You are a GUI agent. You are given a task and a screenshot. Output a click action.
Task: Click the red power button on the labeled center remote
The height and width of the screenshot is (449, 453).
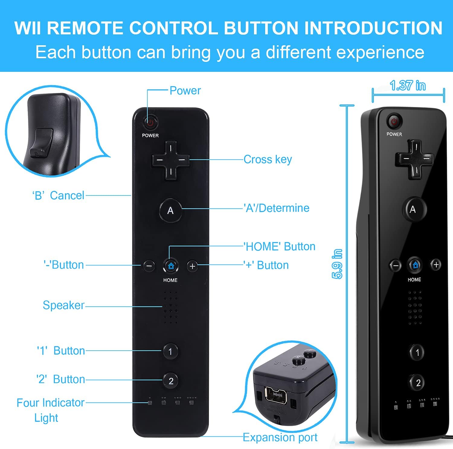tap(150, 123)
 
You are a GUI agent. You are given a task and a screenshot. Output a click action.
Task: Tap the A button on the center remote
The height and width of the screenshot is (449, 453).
tap(171, 210)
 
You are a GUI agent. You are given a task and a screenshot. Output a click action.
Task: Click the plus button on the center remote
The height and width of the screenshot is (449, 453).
tap(192, 266)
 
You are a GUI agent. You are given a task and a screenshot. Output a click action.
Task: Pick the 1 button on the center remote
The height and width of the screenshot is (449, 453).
tap(170, 351)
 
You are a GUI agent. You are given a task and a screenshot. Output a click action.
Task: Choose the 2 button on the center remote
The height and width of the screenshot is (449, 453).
tap(171, 381)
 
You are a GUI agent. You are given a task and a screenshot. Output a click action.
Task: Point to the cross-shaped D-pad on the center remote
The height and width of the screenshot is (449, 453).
tap(171, 160)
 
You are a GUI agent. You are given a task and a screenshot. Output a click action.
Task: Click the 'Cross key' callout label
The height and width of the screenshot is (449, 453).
tap(268, 159)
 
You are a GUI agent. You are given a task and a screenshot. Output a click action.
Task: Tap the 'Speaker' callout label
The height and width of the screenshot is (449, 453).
tap(63, 305)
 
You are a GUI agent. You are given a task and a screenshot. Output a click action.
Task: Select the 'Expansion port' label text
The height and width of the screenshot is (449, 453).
tap(280, 437)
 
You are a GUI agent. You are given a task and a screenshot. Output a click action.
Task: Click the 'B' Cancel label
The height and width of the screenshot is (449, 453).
tap(58, 196)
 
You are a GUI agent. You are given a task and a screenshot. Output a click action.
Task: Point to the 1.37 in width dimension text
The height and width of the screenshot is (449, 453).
tap(408, 86)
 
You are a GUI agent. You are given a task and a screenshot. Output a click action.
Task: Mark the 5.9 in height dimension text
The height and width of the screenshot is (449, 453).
tap(337, 264)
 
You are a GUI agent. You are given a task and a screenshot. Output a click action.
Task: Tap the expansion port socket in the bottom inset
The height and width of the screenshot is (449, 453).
tap(276, 395)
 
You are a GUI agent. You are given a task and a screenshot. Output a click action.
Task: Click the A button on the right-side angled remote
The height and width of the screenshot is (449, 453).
tap(413, 209)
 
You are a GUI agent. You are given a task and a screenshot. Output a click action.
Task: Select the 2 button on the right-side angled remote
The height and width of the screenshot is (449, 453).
tap(418, 383)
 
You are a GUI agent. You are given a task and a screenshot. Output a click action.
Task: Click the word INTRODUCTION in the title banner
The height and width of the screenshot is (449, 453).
tap(373, 28)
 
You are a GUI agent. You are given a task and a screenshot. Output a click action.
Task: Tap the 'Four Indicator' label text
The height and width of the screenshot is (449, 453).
tap(50, 403)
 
